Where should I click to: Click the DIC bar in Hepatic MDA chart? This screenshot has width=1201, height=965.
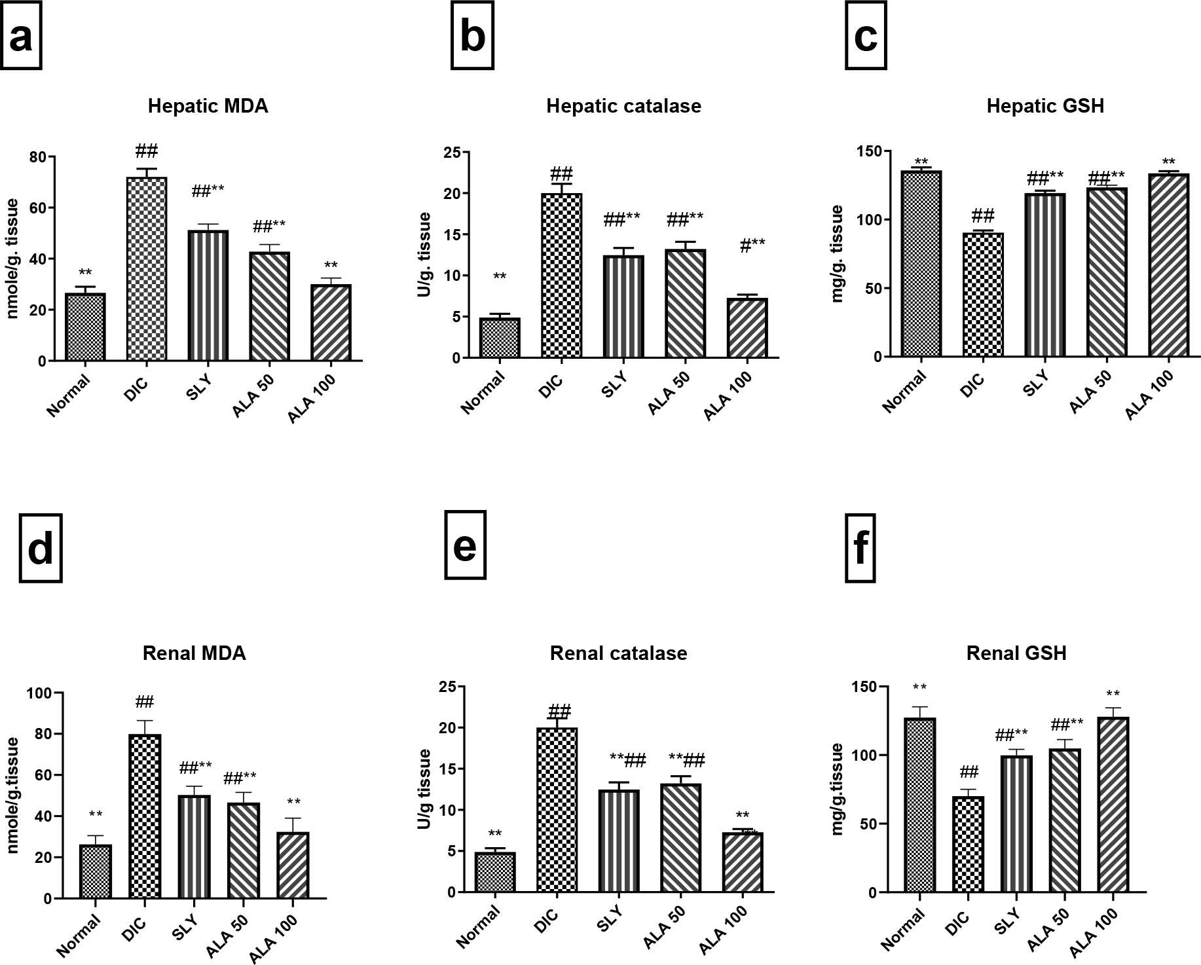146,268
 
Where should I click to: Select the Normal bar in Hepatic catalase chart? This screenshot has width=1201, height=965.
500,338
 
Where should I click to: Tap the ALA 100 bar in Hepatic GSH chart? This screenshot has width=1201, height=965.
1169,265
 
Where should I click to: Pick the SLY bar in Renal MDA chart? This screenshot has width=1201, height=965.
194,847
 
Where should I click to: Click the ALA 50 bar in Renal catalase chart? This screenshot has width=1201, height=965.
681,838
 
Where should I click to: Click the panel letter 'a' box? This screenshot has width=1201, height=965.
21,36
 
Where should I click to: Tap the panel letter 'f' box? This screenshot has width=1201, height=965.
860,548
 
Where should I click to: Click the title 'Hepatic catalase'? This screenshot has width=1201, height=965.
623,106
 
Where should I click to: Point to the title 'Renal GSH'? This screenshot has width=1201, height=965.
1016,653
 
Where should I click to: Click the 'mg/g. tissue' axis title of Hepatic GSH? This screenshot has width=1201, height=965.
837,254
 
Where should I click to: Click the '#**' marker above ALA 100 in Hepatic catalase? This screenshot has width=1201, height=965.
752,246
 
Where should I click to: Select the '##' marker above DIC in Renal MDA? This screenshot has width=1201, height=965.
145,702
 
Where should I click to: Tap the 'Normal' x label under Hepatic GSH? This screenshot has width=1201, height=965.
904,391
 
